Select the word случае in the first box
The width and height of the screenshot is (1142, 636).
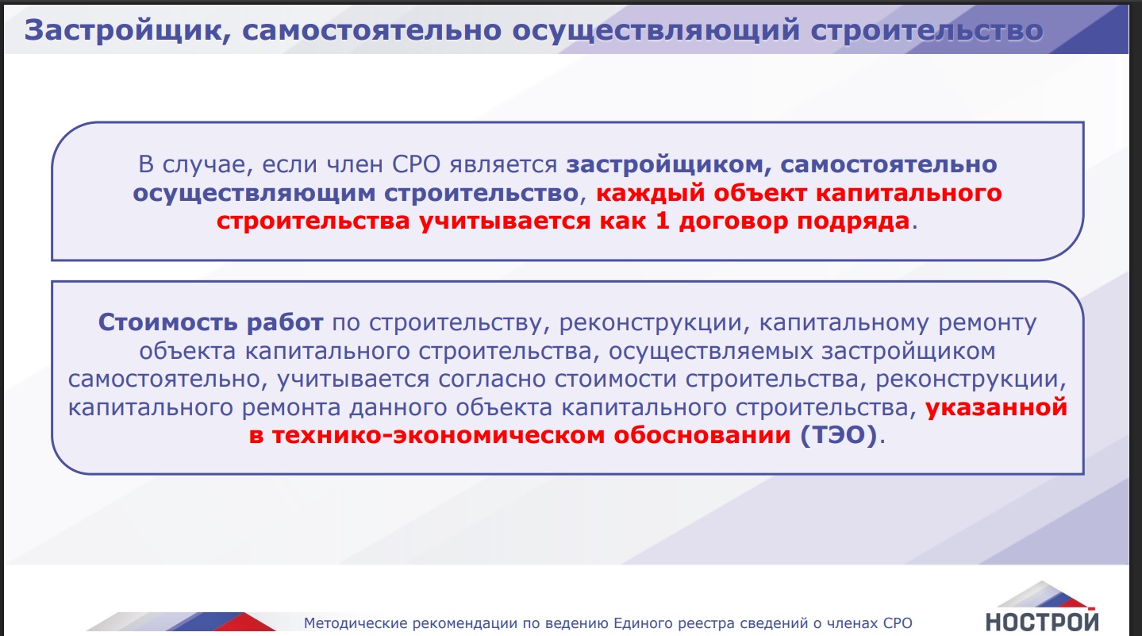click(x=207, y=164)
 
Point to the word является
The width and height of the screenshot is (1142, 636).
click(x=503, y=164)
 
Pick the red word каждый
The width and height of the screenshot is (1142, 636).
click(x=651, y=193)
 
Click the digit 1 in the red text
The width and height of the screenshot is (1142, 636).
click(x=662, y=222)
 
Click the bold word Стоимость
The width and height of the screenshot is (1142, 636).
click(x=167, y=323)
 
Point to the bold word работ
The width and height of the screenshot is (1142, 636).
click(x=285, y=323)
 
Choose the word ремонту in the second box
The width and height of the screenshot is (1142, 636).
click(x=987, y=323)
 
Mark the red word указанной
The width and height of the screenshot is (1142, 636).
click(x=996, y=407)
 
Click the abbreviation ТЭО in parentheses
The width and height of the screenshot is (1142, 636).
click(x=839, y=436)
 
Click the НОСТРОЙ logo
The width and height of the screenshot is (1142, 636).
click(x=1042, y=607)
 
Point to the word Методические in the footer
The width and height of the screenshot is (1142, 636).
click(x=356, y=623)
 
